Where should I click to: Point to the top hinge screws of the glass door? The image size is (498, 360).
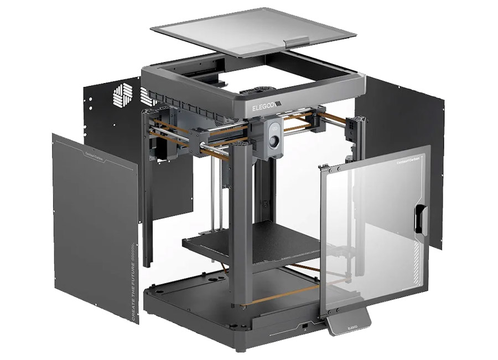[326, 166]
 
